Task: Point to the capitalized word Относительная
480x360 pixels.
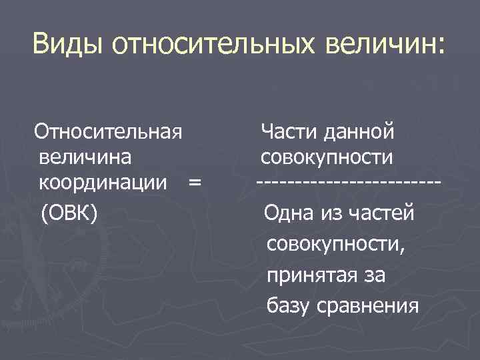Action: coord(109,131)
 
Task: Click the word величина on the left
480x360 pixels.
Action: coord(85,157)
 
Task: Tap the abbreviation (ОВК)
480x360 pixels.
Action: coord(69,213)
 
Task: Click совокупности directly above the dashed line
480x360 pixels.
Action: coord(327,157)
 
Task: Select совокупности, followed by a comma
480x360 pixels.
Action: coord(335,244)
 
